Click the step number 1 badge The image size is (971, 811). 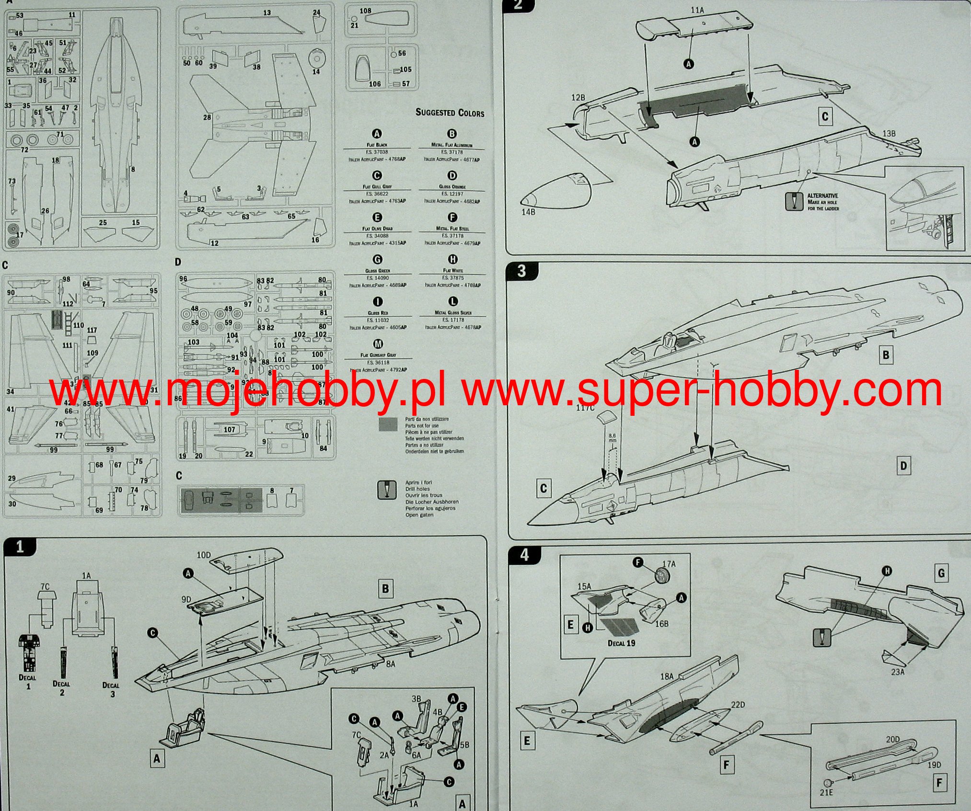(20, 547)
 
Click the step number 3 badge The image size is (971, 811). (521, 271)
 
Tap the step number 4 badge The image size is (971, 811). (524, 555)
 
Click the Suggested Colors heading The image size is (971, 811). (450, 113)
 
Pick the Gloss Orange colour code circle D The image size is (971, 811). (451, 176)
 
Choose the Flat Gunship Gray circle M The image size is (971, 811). (378, 344)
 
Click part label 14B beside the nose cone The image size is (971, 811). (528, 211)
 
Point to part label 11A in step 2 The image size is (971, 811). (697, 9)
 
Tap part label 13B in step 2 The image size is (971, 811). (889, 134)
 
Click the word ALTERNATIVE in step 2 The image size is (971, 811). (822, 195)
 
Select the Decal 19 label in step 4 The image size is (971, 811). (621, 643)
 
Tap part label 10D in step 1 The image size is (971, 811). (204, 555)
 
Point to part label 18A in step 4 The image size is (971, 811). (667, 676)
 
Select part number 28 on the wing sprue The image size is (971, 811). (207, 117)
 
